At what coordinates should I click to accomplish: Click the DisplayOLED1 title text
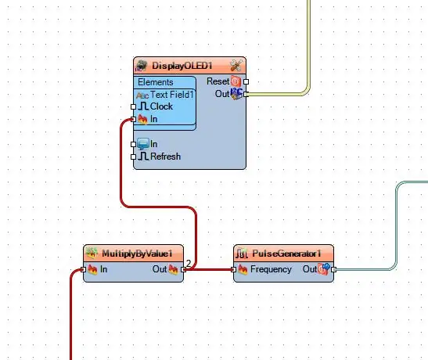pos(182,66)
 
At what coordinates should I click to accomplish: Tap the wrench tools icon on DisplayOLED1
pos(236,66)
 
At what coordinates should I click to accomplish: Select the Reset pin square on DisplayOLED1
pos(246,81)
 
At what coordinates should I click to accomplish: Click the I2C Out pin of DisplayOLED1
pos(246,95)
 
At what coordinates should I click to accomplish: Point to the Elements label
pos(155,82)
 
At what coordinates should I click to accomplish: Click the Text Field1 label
pos(171,95)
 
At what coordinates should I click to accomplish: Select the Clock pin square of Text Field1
pos(133,106)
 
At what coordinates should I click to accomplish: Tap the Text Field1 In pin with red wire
pos(133,119)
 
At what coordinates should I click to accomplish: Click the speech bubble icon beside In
pos(143,144)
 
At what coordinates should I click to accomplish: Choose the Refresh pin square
pos(133,157)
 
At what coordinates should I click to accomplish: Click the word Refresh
pos(165,157)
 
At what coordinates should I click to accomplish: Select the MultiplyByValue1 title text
pos(137,254)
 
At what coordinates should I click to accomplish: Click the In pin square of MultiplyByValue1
pos(83,270)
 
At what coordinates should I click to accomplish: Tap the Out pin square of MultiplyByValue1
pos(183,270)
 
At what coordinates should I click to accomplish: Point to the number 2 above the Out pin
pos(189,263)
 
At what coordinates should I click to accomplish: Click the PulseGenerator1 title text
pos(286,254)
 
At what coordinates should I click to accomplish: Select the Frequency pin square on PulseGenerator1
pos(233,270)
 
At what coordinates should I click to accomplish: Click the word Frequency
pos(271,269)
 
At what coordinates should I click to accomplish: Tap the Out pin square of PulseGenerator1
pos(333,270)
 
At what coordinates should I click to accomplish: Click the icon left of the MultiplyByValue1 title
pos(92,253)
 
